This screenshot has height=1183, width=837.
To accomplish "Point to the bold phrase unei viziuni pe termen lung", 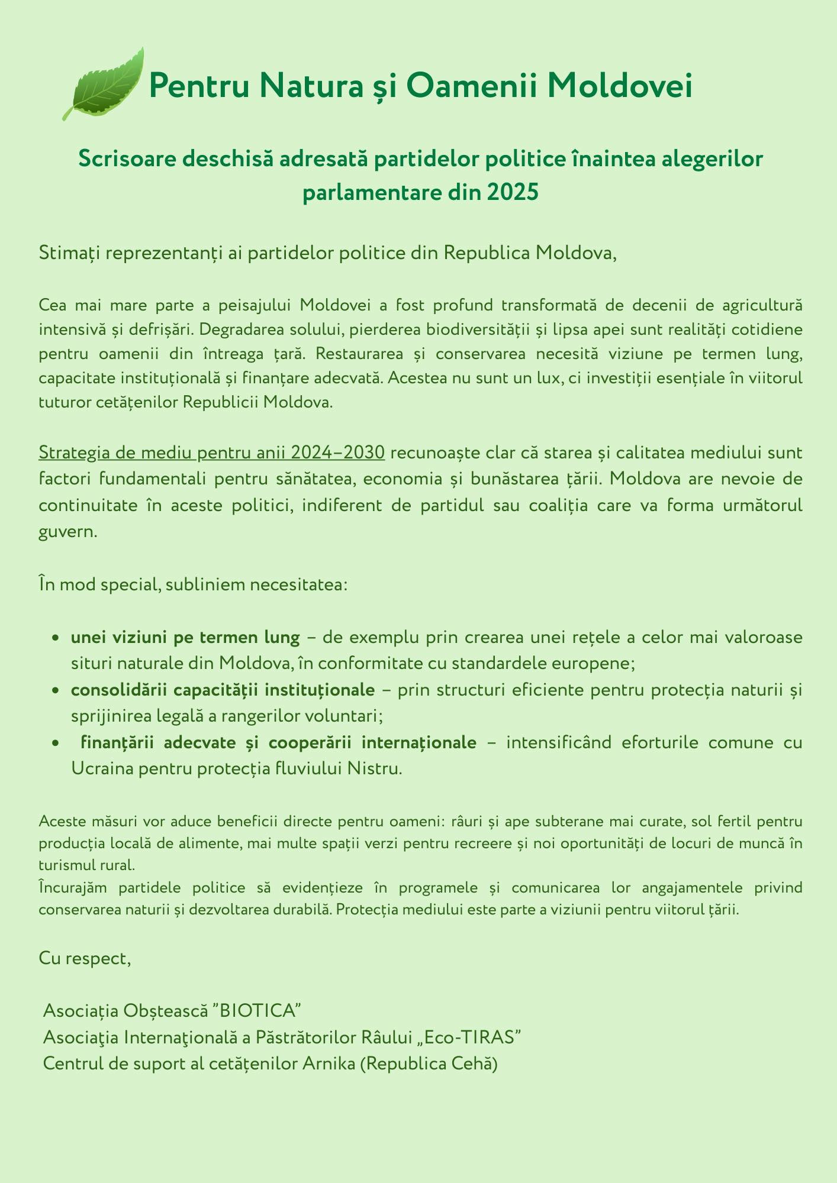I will [x=185, y=638].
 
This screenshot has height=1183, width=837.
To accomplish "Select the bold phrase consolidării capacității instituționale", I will [x=223, y=690].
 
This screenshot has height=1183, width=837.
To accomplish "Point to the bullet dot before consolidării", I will [x=54, y=690].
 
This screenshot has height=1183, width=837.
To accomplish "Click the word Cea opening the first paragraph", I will [x=53, y=306].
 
